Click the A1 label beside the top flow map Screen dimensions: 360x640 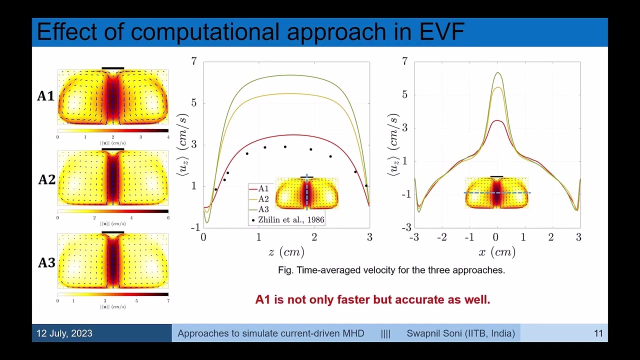tap(45, 96)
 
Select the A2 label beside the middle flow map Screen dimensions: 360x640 tap(46, 179)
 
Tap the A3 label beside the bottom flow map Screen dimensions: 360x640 tap(46, 262)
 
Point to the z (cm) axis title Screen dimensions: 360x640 tap(286, 252)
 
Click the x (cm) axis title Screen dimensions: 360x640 tap(496, 252)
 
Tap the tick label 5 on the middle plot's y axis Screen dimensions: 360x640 tap(194, 103)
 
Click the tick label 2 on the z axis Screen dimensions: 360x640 tap(314, 237)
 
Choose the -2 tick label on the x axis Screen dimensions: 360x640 tap(441, 237)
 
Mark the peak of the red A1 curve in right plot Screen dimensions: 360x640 tap(496, 120)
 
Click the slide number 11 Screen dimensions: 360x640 tap(598, 333)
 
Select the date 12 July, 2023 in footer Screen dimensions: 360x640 tap(64, 333)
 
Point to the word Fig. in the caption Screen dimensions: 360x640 tap(285, 270)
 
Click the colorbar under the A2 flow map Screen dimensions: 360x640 tap(112, 211)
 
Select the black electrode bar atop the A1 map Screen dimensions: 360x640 tap(112, 68)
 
